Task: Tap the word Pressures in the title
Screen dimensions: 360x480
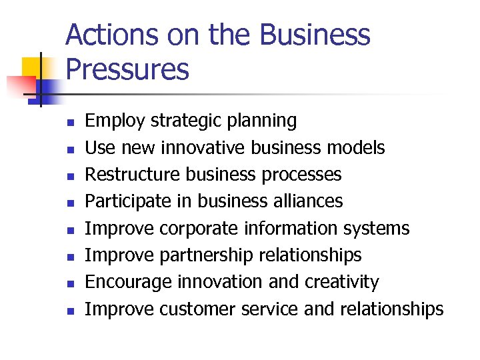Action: pyautogui.click(x=127, y=69)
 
